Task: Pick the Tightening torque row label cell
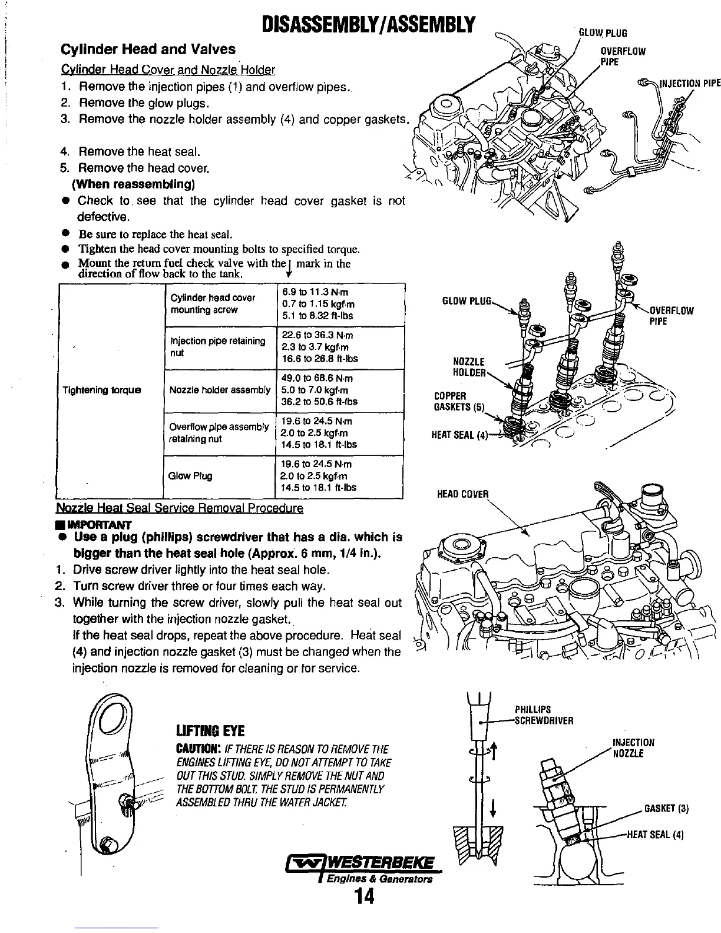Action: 102,390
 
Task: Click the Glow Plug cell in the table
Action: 190,476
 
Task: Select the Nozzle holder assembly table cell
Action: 220,390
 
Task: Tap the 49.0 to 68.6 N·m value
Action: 317,378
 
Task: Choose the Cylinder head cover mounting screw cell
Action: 212,304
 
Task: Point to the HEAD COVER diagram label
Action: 463,494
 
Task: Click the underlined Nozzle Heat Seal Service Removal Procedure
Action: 180,508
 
